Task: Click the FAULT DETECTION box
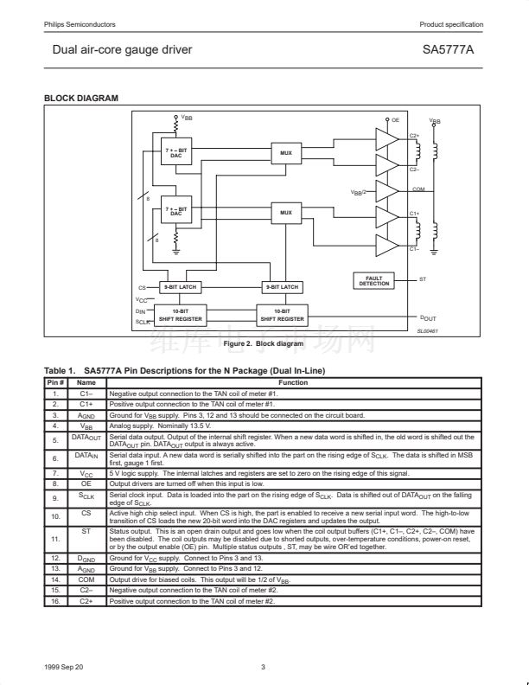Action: coord(374,281)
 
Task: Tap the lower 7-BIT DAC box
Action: coord(176,211)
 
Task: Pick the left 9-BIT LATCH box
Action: coord(181,286)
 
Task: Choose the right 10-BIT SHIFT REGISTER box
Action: coord(282,316)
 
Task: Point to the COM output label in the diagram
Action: coord(418,189)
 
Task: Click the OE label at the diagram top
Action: coord(395,120)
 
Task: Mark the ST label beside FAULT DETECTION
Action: coord(423,279)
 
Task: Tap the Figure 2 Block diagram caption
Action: coord(264,344)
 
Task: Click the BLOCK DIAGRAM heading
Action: coord(81,99)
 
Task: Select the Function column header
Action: coord(293,381)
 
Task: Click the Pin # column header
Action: coord(54,381)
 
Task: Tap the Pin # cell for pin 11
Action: coord(54,539)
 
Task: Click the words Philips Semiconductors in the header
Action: coord(80,24)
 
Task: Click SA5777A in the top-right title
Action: coord(448,50)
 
